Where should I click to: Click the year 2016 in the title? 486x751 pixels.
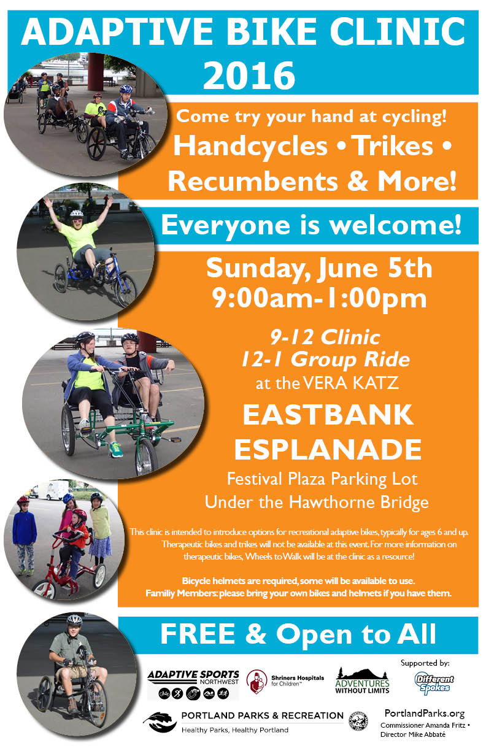coord(249,75)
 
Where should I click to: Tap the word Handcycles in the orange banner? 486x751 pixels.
coord(250,146)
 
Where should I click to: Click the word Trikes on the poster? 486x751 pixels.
coord(394,146)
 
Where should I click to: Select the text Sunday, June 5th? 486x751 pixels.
coord(319,269)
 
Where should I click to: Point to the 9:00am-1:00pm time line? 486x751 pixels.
coord(319,298)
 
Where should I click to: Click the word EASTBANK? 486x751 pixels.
coord(328,414)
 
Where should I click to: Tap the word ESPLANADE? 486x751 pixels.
coord(328,450)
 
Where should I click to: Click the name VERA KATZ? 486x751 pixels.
coord(350,383)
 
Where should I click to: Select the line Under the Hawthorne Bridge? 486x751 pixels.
coord(317,502)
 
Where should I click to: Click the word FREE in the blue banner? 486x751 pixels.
coord(198,634)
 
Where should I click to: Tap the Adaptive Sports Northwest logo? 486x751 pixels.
coord(193,684)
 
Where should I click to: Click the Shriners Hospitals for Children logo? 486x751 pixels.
coord(285,681)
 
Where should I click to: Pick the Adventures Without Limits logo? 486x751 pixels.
coord(362,680)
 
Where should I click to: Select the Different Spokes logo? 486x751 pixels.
coord(434,683)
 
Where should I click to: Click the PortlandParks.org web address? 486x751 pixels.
coord(425,713)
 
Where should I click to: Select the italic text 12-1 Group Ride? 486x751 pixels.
coord(326,360)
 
